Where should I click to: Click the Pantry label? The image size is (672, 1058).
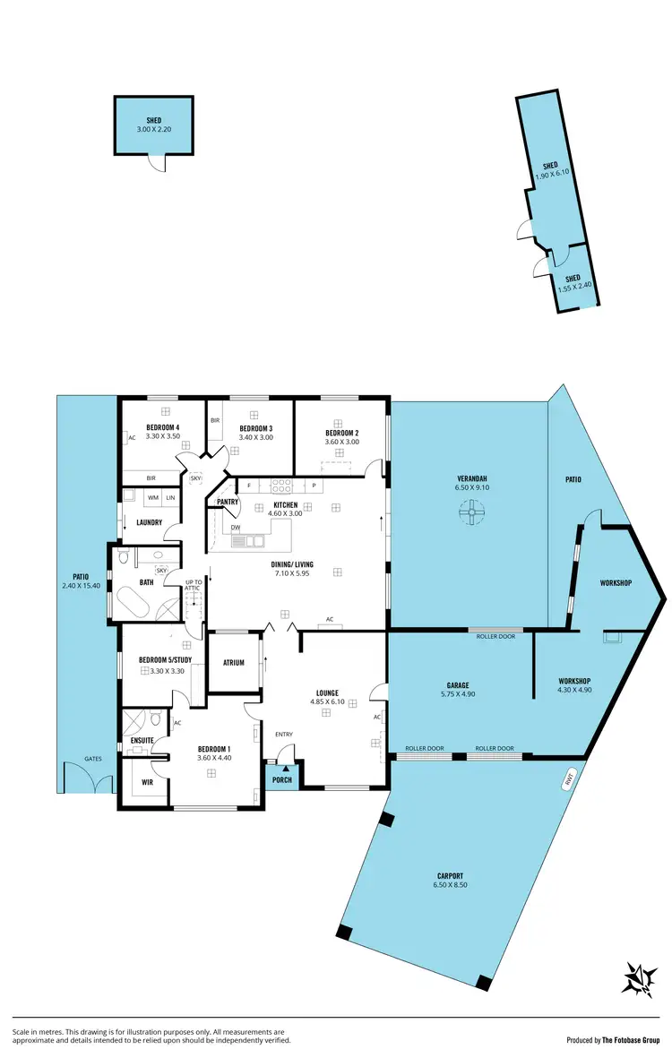(x=228, y=503)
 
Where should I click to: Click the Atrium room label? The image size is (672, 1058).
(x=234, y=663)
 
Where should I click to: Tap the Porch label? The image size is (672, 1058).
(x=282, y=779)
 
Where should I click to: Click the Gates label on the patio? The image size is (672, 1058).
(x=93, y=759)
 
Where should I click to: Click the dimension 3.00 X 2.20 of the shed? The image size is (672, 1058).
(x=153, y=130)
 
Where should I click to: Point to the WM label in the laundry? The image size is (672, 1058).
(x=153, y=497)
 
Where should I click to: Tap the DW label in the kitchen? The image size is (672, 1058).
(x=236, y=528)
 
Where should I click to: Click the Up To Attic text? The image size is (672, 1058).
(x=194, y=586)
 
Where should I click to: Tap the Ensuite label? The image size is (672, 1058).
(x=142, y=740)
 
